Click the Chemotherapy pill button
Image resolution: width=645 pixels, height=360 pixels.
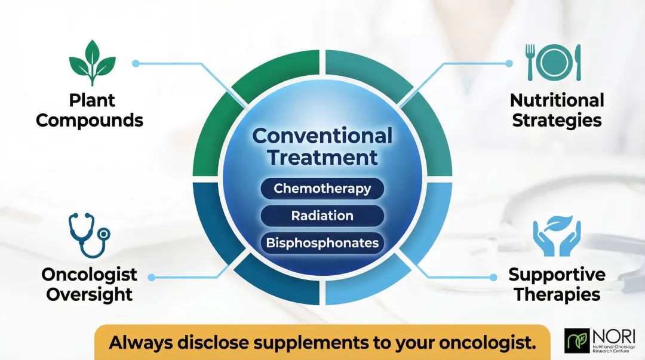tap(322, 189)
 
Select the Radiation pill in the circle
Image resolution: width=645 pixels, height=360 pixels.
tap(322, 216)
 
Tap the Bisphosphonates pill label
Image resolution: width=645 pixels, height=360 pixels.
tap(322, 242)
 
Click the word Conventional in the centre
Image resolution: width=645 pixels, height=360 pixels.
tap(322, 136)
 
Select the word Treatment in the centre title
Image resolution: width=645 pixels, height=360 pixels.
tap(322, 158)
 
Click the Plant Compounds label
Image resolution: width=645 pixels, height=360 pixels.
tap(90, 110)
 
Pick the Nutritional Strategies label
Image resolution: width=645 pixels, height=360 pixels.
tap(557, 110)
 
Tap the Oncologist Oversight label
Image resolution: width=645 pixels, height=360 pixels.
tap(90, 284)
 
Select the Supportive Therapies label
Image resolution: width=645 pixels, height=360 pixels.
tap(557, 284)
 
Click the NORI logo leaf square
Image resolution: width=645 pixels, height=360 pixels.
tap(576, 341)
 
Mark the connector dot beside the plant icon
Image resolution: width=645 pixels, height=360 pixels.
tap(136, 63)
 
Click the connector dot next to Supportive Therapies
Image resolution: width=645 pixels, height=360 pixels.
tap(493, 277)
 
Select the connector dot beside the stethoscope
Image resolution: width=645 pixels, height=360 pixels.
tap(151, 277)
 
